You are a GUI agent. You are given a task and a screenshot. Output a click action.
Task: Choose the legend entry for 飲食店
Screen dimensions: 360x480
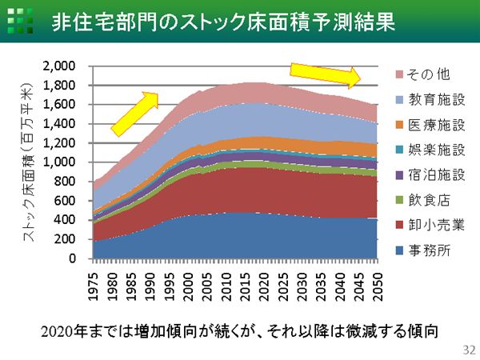point(418,200)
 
